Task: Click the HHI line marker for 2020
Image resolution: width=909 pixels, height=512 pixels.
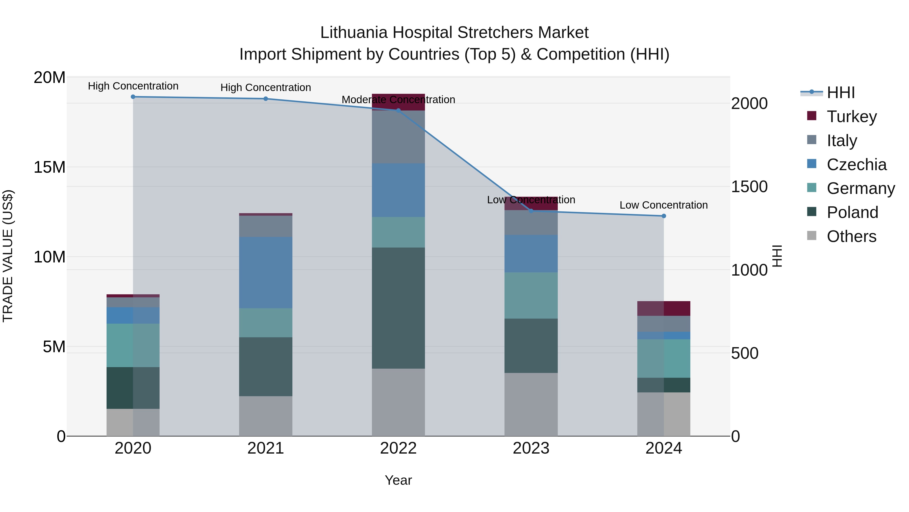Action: pyautogui.click(x=133, y=97)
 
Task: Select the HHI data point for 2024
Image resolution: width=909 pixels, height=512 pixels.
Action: pyautogui.click(x=664, y=216)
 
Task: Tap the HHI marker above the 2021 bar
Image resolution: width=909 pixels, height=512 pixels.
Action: pyautogui.click(x=266, y=99)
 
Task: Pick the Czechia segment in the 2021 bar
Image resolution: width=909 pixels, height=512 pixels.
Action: pyautogui.click(x=266, y=272)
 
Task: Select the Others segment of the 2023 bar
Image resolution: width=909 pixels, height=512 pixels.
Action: pyautogui.click(x=531, y=404)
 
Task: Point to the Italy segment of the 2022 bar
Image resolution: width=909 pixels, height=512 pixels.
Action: pyautogui.click(x=398, y=137)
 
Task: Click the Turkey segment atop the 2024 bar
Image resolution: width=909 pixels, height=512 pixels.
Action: pyautogui.click(x=664, y=308)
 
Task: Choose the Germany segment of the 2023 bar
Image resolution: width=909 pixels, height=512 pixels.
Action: pyautogui.click(x=531, y=295)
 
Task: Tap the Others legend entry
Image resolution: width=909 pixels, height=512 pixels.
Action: pyautogui.click(x=851, y=236)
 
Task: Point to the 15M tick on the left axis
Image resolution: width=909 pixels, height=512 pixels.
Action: pyautogui.click(x=49, y=167)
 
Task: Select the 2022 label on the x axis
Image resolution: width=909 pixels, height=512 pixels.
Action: pyautogui.click(x=398, y=448)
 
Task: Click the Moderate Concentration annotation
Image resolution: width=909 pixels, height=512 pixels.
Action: pyautogui.click(x=398, y=100)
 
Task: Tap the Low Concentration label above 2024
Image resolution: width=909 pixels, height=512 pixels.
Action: pyautogui.click(x=664, y=205)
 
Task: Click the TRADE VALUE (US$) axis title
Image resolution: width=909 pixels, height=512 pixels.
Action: pyautogui.click(x=8, y=256)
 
